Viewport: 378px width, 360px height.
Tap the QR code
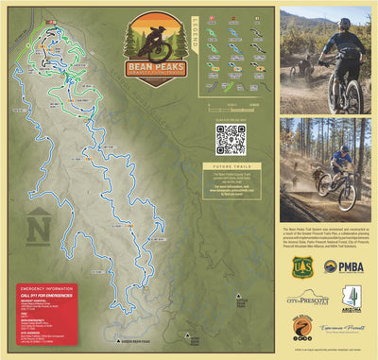(230, 139)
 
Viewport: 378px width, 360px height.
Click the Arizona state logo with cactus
(351, 299)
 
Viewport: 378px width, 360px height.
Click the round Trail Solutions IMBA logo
(301, 330)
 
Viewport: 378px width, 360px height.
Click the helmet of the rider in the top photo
(344, 22)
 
